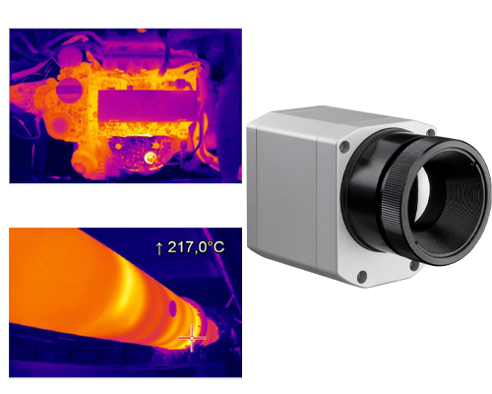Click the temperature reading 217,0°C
pyautogui.click(x=196, y=247)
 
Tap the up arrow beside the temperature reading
pyautogui.click(x=159, y=248)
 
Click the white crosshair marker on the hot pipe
pyautogui.click(x=192, y=338)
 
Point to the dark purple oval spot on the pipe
pyautogui.click(x=172, y=308)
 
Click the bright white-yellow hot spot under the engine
pyautogui.click(x=151, y=158)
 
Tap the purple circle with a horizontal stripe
pyautogui.click(x=69, y=89)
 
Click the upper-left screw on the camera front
pyautogui.click(x=344, y=146)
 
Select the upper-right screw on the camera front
pyautogui.click(x=431, y=132)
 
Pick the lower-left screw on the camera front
pyautogui.click(x=362, y=275)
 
